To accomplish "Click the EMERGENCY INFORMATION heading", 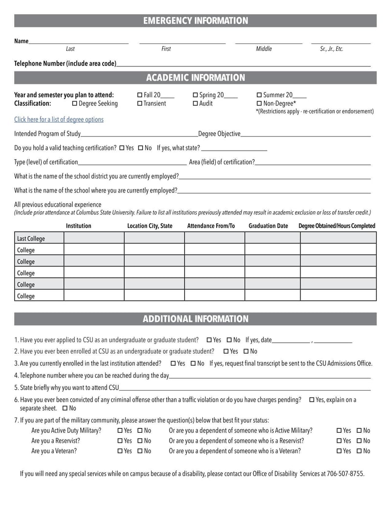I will tap(195, 21).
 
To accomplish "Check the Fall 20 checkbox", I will tap(140, 95).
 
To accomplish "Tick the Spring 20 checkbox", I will tap(195, 95).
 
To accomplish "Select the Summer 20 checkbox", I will tap(260, 95).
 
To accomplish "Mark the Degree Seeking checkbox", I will tap(75, 104).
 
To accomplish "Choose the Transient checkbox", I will tap(140, 104).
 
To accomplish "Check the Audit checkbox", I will tap(195, 104).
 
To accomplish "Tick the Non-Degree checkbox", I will tap(260, 104).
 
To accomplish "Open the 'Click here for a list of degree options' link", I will tap(59, 119).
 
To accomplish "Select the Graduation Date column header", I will tap(268, 226).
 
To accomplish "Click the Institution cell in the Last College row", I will tap(94, 238).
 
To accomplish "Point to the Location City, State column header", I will tap(150, 226).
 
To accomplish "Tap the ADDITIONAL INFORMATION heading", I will tap(195, 319).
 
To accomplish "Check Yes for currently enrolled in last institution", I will tap(174, 363).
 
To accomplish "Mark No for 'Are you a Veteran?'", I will tap(140, 451).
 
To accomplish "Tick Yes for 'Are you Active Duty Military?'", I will tap(120, 431).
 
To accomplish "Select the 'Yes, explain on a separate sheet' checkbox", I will tap(312, 400).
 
